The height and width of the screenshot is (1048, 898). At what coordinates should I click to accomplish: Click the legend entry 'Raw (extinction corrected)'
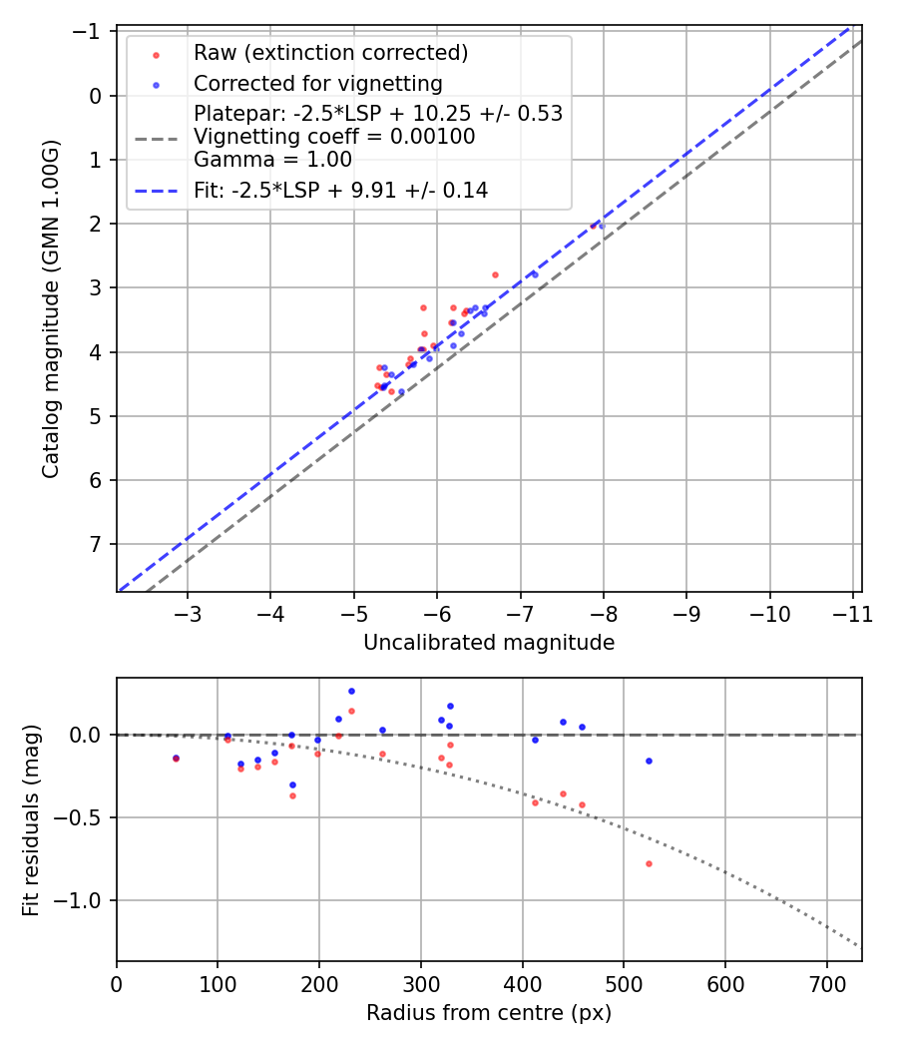click(x=330, y=53)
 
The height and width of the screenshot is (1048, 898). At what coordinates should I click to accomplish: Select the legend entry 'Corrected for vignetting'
click(x=317, y=83)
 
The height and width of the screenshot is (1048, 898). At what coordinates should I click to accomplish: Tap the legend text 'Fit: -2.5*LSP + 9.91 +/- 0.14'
click(x=340, y=191)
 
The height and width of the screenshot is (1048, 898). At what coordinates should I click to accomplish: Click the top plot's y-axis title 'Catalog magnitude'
click(x=51, y=309)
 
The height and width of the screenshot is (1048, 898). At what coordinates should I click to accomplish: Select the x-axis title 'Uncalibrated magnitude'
click(x=489, y=643)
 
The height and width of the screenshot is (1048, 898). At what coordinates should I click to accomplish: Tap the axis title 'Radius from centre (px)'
click(x=489, y=1013)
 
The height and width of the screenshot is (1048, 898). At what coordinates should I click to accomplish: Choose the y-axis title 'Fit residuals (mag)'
click(x=30, y=819)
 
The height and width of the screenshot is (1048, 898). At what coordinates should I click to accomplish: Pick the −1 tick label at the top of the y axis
click(x=91, y=32)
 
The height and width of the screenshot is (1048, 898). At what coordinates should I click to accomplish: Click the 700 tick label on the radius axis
click(x=826, y=984)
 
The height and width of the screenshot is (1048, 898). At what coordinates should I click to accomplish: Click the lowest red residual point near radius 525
click(x=649, y=863)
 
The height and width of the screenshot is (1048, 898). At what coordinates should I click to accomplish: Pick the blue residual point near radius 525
click(x=649, y=761)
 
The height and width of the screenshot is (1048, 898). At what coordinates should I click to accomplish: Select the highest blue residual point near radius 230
click(x=351, y=691)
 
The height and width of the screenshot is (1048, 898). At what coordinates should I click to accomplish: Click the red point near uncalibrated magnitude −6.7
click(x=495, y=274)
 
